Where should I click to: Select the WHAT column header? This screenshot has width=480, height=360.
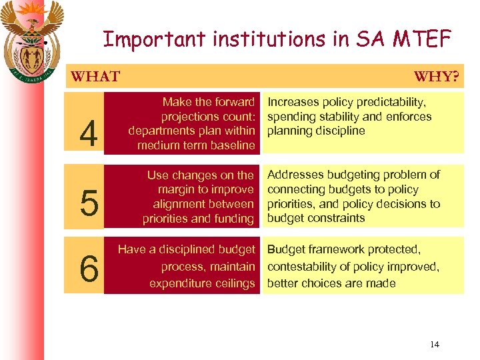click(95, 76)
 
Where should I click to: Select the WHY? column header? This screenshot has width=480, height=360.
click(436, 76)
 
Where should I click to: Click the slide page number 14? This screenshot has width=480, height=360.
click(435, 344)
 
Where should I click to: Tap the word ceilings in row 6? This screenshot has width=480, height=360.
click(233, 283)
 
